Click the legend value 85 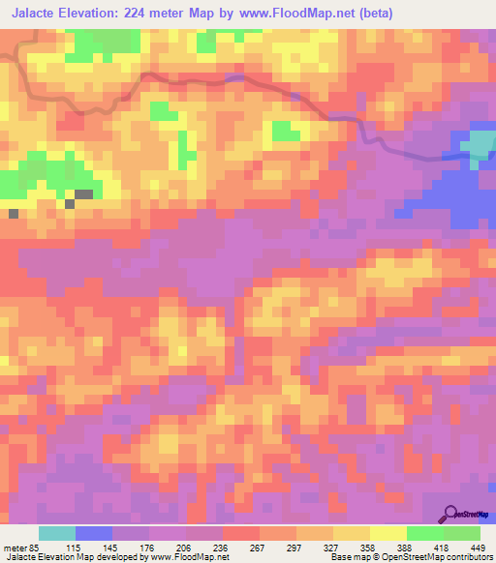tap(32, 548)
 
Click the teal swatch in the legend tap(56, 533)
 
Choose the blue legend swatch tap(93, 533)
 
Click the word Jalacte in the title tap(32, 13)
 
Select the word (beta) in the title tap(402, 13)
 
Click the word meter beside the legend tap(15, 548)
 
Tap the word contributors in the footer tap(470, 557)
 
